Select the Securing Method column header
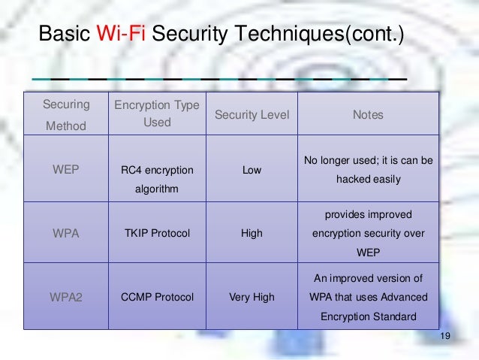66,115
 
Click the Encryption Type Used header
157,113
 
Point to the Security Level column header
252,115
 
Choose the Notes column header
368,115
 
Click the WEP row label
65,170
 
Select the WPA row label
65,233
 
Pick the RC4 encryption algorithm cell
157,179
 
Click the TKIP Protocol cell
157,233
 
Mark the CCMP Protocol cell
157,297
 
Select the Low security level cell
252,170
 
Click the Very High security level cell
252,297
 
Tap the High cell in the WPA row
252,233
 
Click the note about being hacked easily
368,170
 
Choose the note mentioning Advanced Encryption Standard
368,297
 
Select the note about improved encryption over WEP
368,233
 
